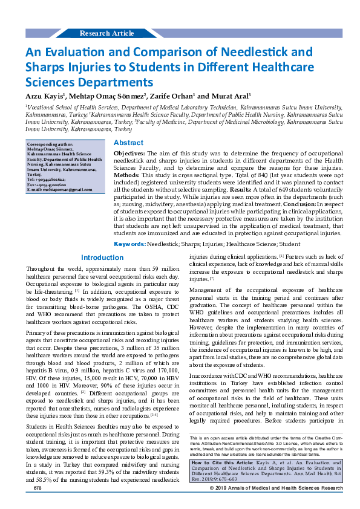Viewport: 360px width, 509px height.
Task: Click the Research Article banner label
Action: click(106, 33)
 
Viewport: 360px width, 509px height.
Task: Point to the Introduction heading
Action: click(102, 274)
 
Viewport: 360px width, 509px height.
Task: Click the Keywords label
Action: click(129, 261)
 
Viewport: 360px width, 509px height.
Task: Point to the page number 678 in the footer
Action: click(38, 504)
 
